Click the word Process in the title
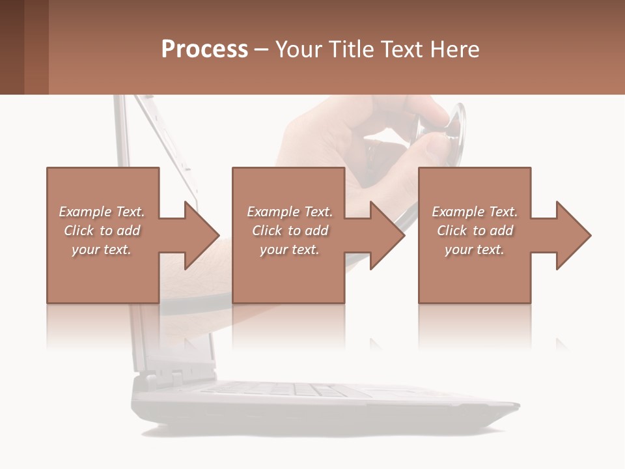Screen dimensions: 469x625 [x=204, y=50]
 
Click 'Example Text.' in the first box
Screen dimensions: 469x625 [x=102, y=212]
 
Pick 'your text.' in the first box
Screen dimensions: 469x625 [x=102, y=249]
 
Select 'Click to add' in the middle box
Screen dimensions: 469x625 [x=290, y=231]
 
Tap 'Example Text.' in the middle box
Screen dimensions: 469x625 [x=290, y=212]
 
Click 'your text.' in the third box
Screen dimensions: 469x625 [x=475, y=249]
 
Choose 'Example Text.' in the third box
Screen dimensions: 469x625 [x=475, y=212]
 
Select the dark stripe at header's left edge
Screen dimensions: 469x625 [x=12, y=47]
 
